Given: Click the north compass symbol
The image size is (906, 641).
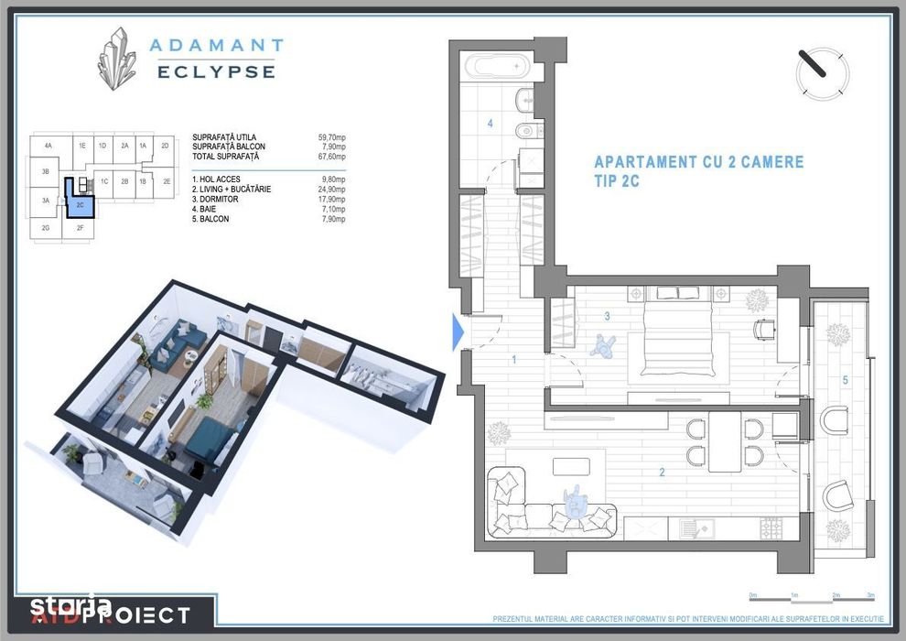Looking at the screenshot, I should pyautogui.click(x=822, y=73).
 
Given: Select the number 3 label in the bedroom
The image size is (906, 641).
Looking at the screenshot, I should pyautogui.click(x=606, y=318).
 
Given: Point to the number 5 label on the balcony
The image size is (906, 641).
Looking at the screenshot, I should pyautogui.click(x=845, y=379).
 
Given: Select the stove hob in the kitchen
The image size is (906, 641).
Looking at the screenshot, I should pyautogui.click(x=772, y=527).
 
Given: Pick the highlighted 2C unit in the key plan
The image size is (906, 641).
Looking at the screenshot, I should pyautogui.click(x=80, y=204).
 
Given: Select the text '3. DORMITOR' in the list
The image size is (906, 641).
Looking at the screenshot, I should pyautogui.click(x=215, y=199).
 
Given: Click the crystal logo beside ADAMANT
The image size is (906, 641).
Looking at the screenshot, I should pyautogui.click(x=118, y=58).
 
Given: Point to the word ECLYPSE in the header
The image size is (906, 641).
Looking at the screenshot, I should pyautogui.click(x=216, y=71).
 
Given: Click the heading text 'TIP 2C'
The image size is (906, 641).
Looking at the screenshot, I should pyautogui.click(x=616, y=181).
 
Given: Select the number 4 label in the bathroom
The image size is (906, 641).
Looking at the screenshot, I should pyautogui.click(x=491, y=123).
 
